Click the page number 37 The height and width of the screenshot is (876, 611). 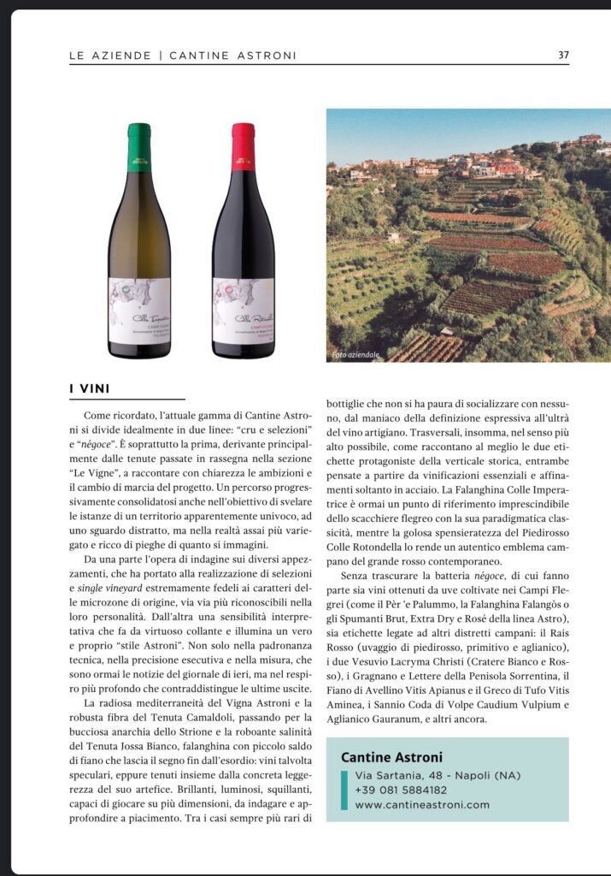coord(563,55)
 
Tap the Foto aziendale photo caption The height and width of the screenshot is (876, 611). coord(355,354)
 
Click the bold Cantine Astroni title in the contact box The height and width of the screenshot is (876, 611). coord(391,756)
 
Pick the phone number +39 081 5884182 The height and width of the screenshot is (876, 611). coord(401,790)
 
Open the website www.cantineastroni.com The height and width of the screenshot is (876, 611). coord(422,804)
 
